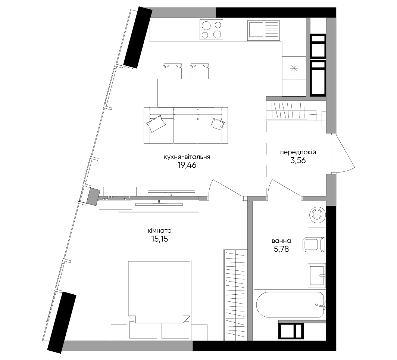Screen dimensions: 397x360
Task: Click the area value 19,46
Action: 187,165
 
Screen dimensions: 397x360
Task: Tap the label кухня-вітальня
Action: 187,157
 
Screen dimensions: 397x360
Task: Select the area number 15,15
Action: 160,239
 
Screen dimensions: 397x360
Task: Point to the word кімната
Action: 160,231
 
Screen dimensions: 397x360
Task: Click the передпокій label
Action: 298,152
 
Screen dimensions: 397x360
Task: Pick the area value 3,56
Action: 298,161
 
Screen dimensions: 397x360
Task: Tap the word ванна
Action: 281,241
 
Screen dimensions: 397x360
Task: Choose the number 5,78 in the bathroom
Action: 281,249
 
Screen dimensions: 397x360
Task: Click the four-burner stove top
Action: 212,30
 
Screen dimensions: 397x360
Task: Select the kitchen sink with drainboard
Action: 263,30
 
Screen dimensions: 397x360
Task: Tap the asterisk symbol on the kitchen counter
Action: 294,68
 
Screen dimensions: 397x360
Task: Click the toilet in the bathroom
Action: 314,245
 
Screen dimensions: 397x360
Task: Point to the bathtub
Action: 290,304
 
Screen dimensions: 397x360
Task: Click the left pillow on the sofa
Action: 156,124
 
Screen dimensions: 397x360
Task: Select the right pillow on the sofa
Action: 217,124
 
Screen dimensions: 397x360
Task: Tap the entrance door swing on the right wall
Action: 343,153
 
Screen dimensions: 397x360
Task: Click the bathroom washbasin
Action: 317,275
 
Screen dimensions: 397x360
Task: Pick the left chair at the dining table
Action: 173,71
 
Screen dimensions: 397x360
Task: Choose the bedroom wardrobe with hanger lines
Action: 235,295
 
